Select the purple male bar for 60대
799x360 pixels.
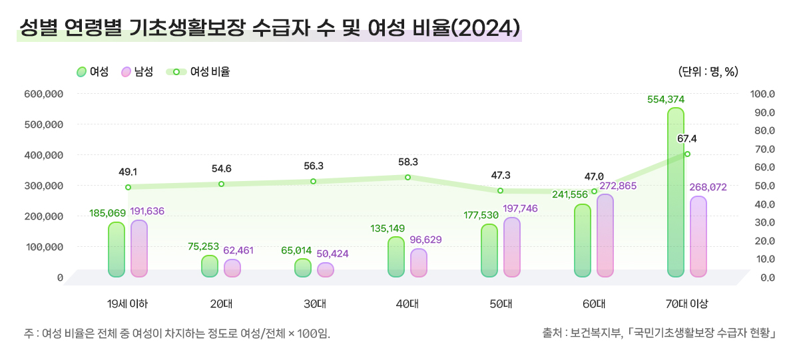(605, 236)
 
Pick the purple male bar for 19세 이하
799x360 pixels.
(139, 248)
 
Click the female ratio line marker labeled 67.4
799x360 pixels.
(687, 154)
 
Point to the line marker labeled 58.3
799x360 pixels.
(407, 177)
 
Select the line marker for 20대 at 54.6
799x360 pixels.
(221, 184)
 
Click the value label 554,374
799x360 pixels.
(666, 100)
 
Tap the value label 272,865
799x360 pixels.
(618, 186)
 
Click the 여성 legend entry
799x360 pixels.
(93, 72)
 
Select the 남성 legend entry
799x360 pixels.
(137, 72)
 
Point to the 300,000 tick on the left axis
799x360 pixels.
(43, 186)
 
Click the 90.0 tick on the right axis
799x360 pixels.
(763, 112)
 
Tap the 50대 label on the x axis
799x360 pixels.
(501, 304)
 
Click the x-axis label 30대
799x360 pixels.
(314, 304)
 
